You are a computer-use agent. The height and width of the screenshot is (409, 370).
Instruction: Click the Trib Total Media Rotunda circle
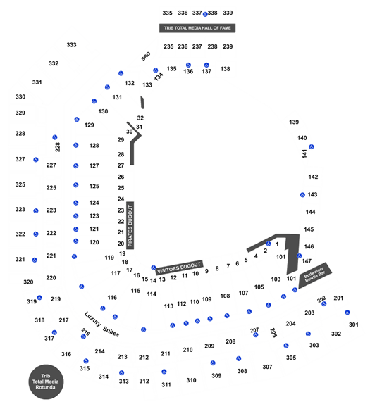46,382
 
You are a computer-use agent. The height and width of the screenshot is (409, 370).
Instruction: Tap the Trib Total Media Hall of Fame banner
197,28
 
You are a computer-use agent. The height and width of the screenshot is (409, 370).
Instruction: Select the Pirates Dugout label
130,225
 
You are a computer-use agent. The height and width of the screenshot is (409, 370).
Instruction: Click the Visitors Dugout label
179,268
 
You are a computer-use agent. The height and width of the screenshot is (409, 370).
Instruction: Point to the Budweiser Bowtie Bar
315,275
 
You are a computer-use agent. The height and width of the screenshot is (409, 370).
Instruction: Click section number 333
71,45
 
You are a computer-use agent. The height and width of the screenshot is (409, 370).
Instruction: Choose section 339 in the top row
228,13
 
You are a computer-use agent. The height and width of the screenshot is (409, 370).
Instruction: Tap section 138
225,69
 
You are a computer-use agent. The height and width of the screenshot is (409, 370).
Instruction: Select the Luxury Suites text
101,325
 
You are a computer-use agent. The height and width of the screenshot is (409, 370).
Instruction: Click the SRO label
146,56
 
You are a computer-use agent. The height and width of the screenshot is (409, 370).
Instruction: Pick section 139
294,122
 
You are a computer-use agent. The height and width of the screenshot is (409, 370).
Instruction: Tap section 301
354,325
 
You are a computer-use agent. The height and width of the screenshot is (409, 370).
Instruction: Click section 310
191,380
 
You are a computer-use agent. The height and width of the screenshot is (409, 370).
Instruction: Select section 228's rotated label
58,147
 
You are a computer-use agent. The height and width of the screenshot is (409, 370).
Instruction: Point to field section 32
140,118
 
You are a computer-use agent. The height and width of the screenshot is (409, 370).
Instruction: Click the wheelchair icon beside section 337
205,14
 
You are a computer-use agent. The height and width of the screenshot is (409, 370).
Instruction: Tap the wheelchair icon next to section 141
312,147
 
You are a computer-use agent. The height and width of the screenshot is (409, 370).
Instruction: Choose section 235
168,46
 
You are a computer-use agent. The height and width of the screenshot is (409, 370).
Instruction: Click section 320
28,282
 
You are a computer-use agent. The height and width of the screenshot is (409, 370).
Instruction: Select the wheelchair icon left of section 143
302,195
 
